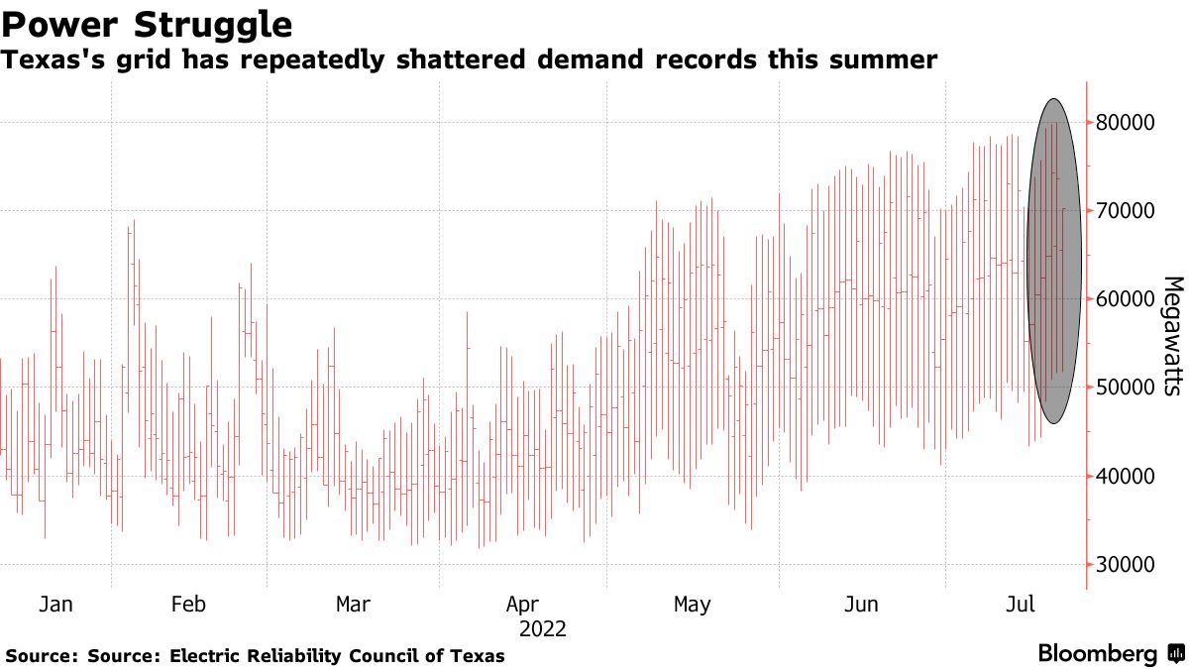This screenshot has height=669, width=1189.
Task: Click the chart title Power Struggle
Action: pyautogui.click(x=149, y=23)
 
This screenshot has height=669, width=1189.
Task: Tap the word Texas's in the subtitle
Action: pyautogui.click(x=46, y=60)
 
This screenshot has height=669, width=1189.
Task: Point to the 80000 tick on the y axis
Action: pyautogui.click(x=1128, y=123)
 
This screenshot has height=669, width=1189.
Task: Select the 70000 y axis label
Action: pyautogui.click(x=1128, y=211)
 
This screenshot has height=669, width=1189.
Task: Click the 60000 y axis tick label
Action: pyautogui.click(x=1128, y=299)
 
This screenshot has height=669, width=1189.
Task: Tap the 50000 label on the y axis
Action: pyautogui.click(x=1128, y=388)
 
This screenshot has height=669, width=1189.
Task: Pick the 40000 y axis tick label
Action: pyautogui.click(x=1128, y=476)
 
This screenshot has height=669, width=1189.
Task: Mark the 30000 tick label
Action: pyautogui.click(x=1128, y=564)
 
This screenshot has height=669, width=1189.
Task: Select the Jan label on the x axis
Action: pyautogui.click(x=55, y=604)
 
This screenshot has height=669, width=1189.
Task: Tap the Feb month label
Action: pyautogui.click(x=188, y=604)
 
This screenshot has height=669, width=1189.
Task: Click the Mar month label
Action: pyautogui.click(x=354, y=604)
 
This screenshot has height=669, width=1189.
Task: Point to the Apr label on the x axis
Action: pyautogui.click(x=522, y=604)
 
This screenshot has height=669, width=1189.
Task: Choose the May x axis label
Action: pyautogui.click(x=692, y=604)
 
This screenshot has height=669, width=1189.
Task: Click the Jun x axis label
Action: pyautogui.click(x=861, y=604)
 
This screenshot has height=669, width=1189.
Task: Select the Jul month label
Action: pyautogui.click(x=1021, y=604)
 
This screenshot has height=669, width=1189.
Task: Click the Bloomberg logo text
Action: pyautogui.click(x=1097, y=654)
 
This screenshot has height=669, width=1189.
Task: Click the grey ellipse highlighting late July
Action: pyautogui.click(x=1054, y=262)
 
